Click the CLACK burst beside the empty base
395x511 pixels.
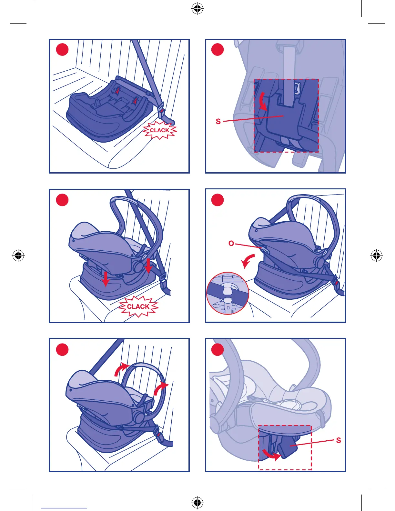pos(159,130)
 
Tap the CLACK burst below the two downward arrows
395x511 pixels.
pos(138,306)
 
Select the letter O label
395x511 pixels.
pos(231,243)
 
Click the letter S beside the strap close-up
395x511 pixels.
pos(218,121)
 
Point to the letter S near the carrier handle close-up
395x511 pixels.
pos(338,440)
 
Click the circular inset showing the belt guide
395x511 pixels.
pos(228,293)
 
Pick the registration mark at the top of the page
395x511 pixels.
pos(197,9)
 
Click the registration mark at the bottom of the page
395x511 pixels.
pos(197,502)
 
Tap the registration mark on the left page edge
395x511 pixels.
pos(18,255)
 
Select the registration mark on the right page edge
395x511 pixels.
pos(376,255)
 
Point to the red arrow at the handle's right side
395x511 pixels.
pos(160,388)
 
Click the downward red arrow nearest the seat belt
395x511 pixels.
pos(148,266)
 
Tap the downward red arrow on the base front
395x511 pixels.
pos(106,279)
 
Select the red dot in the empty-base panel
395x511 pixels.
pos(62,49)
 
